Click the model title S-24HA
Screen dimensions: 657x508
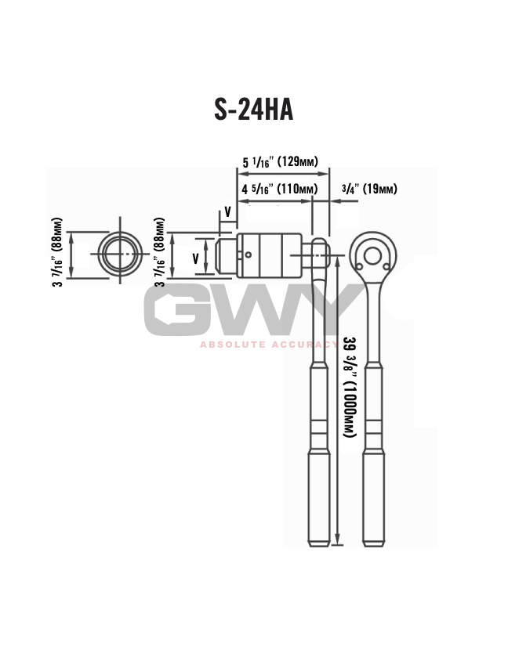pyautogui.click(x=253, y=110)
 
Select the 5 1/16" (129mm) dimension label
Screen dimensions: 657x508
pyautogui.click(x=279, y=162)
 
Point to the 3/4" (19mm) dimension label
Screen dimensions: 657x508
pyautogui.click(x=369, y=190)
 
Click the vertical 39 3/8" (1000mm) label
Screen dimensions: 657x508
pyautogui.click(x=350, y=387)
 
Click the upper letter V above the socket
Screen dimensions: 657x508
pyautogui.click(x=228, y=211)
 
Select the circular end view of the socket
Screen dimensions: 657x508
pyautogui.click(x=119, y=254)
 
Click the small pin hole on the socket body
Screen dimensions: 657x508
pyautogui.click(x=249, y=254)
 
